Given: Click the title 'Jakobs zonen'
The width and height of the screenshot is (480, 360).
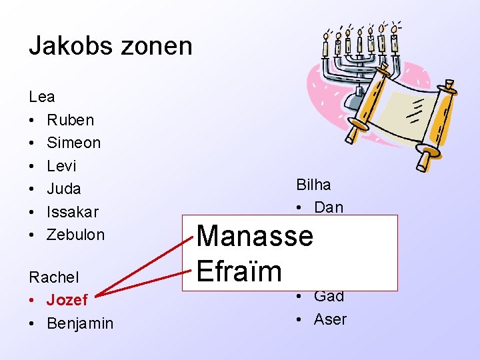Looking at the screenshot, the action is pyautogui.click(x=111, y=46).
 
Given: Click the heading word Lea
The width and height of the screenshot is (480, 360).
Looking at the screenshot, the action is pyautogui.click(x=42, y=97).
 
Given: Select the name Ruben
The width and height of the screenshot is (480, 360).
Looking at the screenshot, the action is pyautogui.click(x=71, y=120).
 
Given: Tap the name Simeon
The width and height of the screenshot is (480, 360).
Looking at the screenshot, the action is pyautogui.click(x=74, y=143).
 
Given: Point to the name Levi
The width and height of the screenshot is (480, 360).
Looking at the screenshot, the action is pyautogui.click(x=61, y=166).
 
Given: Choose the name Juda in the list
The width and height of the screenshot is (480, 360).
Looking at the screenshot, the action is pyautogui.click(x=64, y=189).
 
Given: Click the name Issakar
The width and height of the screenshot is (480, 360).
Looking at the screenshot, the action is pyautogui.click(x=73, y=212).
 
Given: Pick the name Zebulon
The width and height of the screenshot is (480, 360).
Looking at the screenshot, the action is pyautogui.click(x=76, y=235).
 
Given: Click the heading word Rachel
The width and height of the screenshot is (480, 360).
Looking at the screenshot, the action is pyautogui.click(x=54, y=277).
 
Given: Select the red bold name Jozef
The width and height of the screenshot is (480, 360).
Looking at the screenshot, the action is pyautogui.click(x=67, y=300).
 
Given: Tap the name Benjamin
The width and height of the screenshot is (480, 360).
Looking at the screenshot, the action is pyautogui.click(x=80, y=323).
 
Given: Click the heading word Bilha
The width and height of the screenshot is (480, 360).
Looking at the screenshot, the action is pyautogui.click(x=313, y=185).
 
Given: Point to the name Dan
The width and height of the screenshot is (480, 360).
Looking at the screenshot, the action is pyautogui.click(x=329, y=207).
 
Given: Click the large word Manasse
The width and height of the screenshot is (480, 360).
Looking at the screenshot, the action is pyautogui.click(x=255, y=235).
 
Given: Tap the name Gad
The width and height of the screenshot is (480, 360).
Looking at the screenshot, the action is pyautogui.click(x=329, y=297).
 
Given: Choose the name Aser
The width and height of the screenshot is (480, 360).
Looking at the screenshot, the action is pyautogui.click(x=331, y=319).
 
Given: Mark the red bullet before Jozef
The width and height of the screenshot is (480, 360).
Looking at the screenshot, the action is pyautogui.click(x=33, y=300).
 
